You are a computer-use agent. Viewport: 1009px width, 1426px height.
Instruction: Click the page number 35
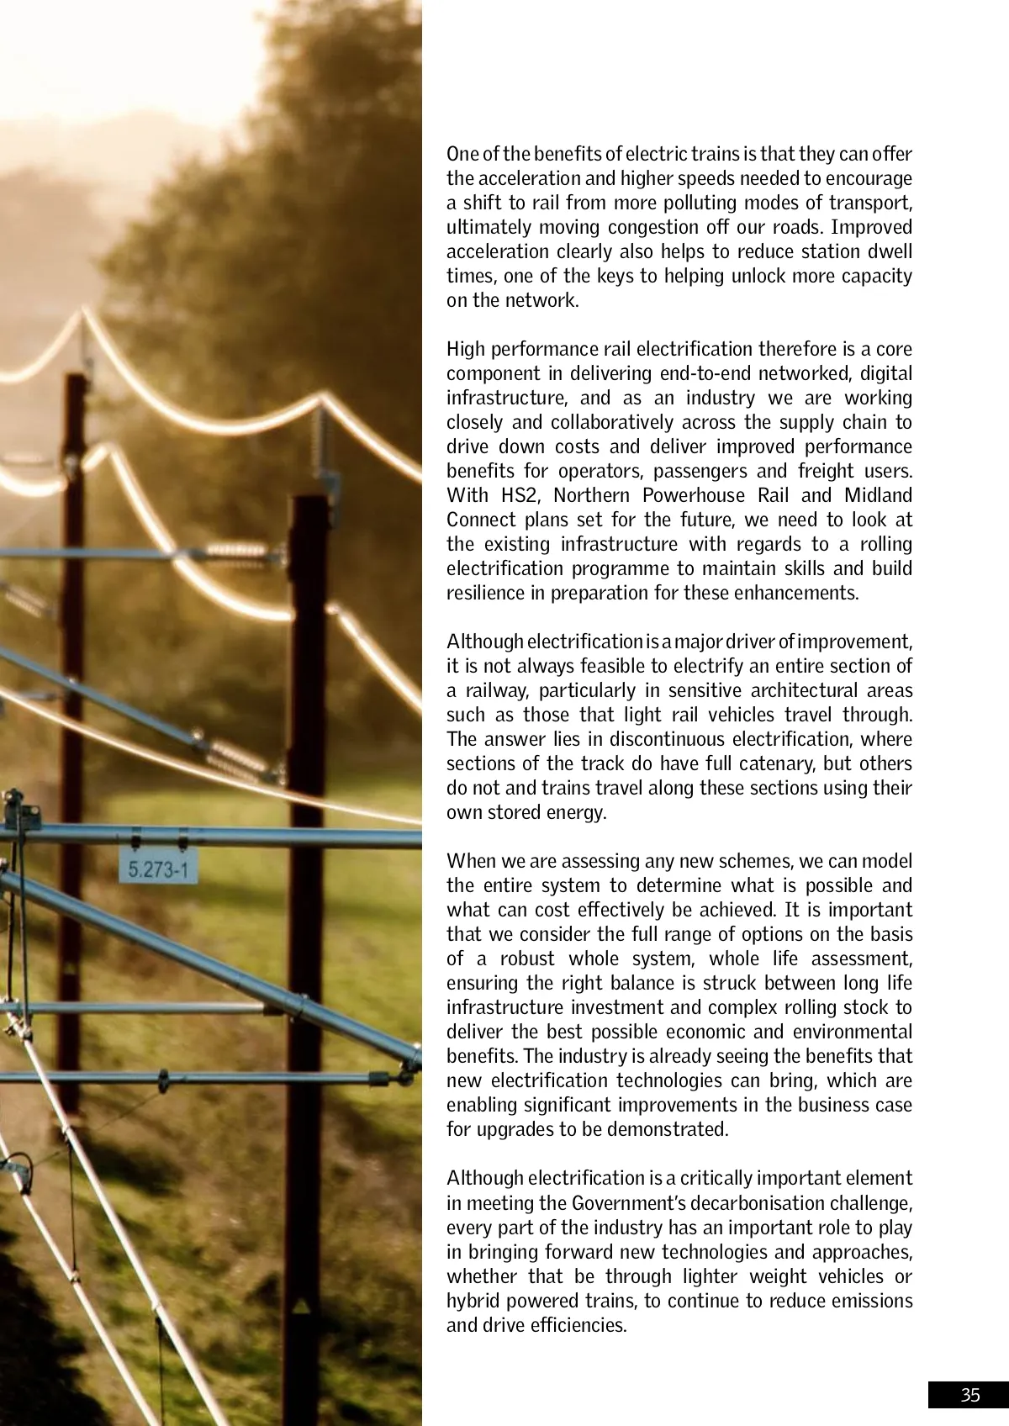pyautogui.click(x=970, y=1396)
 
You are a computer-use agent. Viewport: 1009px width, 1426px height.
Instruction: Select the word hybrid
pyautogui.click(x=473, y=1302)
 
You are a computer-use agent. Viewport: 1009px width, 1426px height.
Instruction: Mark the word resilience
pyautogui.click(x=485, y=593)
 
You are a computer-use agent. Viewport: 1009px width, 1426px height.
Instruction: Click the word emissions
pyautogui.click(x=870, y=1302)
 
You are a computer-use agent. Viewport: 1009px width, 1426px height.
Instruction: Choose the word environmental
pyautogui.click(x=851, y=1033)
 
